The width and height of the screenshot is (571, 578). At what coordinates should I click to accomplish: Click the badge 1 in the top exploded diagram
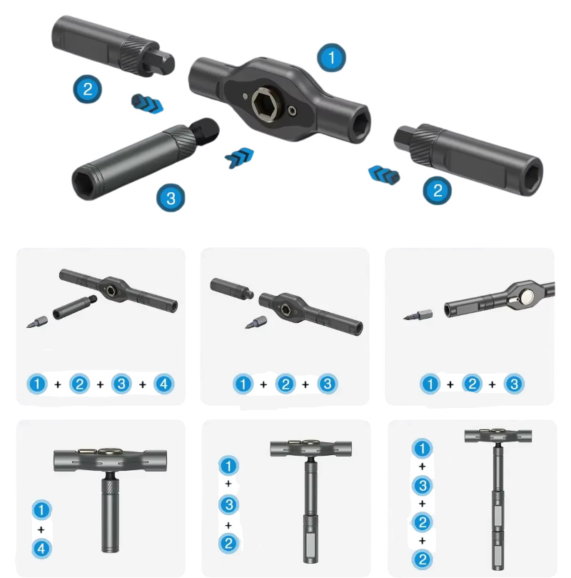pyautogui.click(x=331, y=58)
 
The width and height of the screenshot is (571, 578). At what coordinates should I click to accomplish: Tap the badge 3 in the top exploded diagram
pyautogui.click(x=171, y=198)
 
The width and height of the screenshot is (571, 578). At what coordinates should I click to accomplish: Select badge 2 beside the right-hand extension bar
pyautogui.click(x=437, y=190)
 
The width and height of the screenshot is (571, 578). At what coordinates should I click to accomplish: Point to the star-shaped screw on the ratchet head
pyautogui.click(x=293, y=110)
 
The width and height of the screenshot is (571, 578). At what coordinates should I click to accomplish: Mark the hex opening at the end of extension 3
pyautogui.click(x=86, y=183)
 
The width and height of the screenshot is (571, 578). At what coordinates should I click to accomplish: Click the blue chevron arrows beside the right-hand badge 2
pyautogui.click(x=384, y=175)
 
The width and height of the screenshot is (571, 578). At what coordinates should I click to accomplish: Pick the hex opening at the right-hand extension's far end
pyautogui.click(x=532, y=179)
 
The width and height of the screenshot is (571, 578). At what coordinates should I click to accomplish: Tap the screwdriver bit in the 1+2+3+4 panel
pyautogui.click(x=37, y=322)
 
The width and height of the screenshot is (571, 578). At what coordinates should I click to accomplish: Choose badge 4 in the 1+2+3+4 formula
pyautogui.click(x=163, y=384)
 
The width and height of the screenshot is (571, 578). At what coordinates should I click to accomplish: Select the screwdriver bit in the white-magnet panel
pyautogui.click(x=418, y=315)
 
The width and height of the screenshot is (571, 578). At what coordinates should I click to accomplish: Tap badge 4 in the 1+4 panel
pyautogui.click(x=41, y=548)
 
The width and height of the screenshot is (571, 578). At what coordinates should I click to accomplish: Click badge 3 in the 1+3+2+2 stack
pyautogui.click(x=423, y=485)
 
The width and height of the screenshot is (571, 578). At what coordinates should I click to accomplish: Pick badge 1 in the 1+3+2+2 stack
pyautogui.click(x=423, y=448)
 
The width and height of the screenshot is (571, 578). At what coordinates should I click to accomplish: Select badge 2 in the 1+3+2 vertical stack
pyautogui.click(x=228, y=543)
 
